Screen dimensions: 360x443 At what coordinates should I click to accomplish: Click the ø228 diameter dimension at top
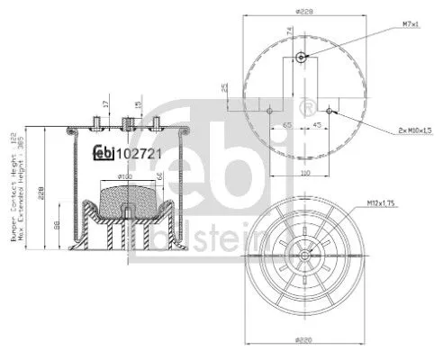pos(303,11)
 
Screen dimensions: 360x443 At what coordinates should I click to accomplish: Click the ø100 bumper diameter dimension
pos(125,177)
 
